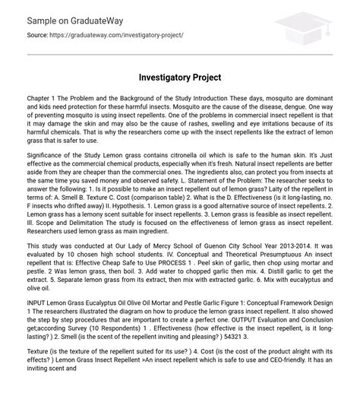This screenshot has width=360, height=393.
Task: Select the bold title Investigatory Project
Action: tap(179, 78)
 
